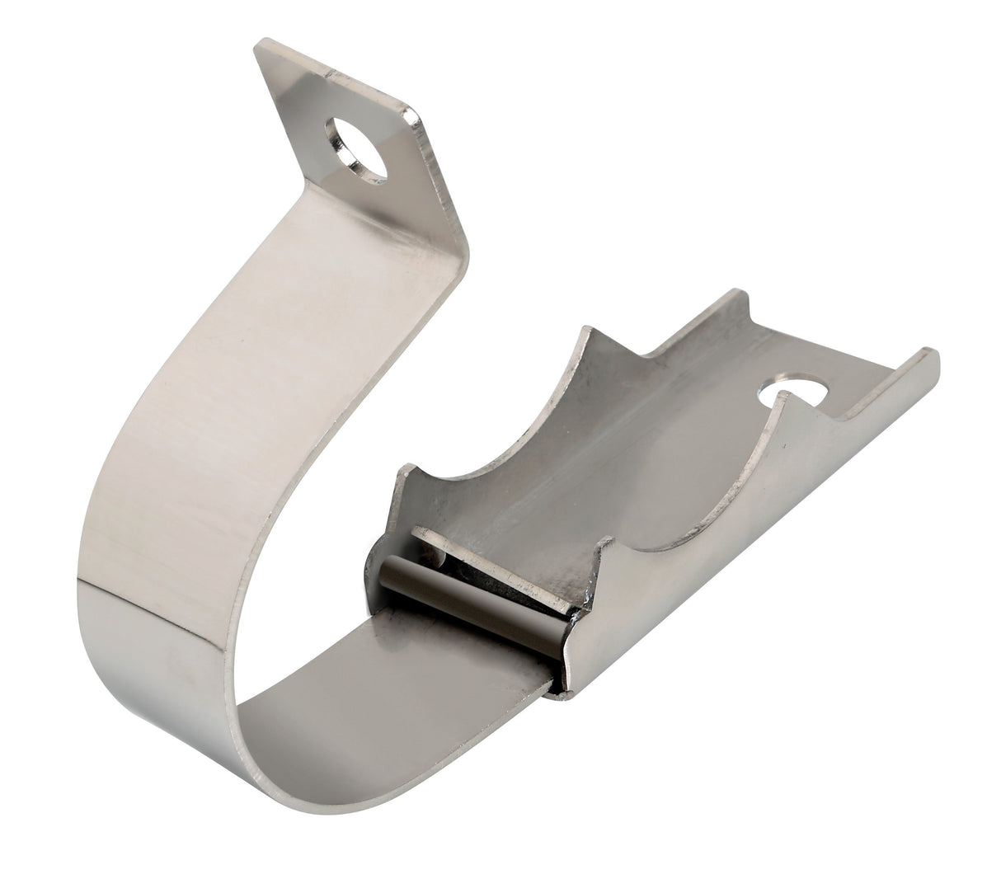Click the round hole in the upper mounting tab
click(356, 149)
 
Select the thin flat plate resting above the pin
click(495, 561)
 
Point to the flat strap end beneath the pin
click(462, 660)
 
